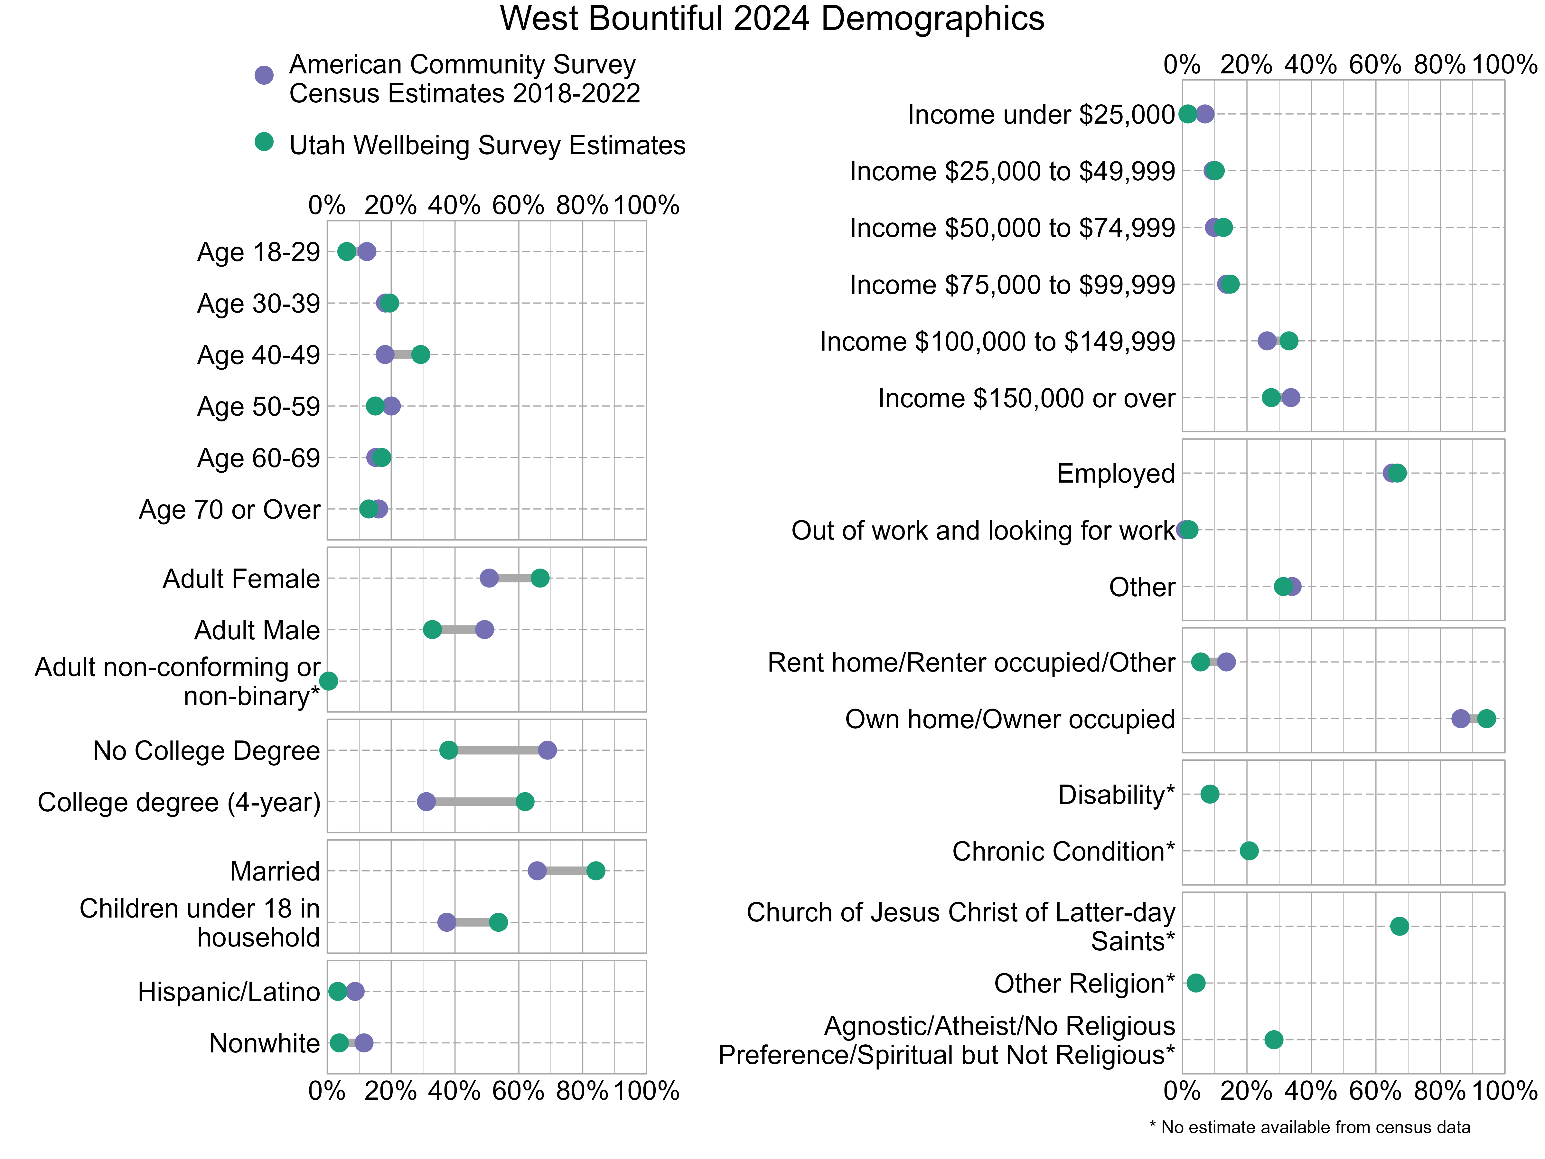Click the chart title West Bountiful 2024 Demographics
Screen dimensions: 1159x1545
pos(772,19)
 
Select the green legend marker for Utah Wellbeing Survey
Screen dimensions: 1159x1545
pos(263,142)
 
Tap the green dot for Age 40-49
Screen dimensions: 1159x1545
pos(420,355)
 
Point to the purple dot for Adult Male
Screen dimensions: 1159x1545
pos(484,629)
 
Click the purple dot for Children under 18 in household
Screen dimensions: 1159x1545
pos(446,922)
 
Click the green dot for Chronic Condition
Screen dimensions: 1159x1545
pos(1249,851)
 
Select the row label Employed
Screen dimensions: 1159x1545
pos(1115,474)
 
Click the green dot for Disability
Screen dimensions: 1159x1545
pos(1210,794)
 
